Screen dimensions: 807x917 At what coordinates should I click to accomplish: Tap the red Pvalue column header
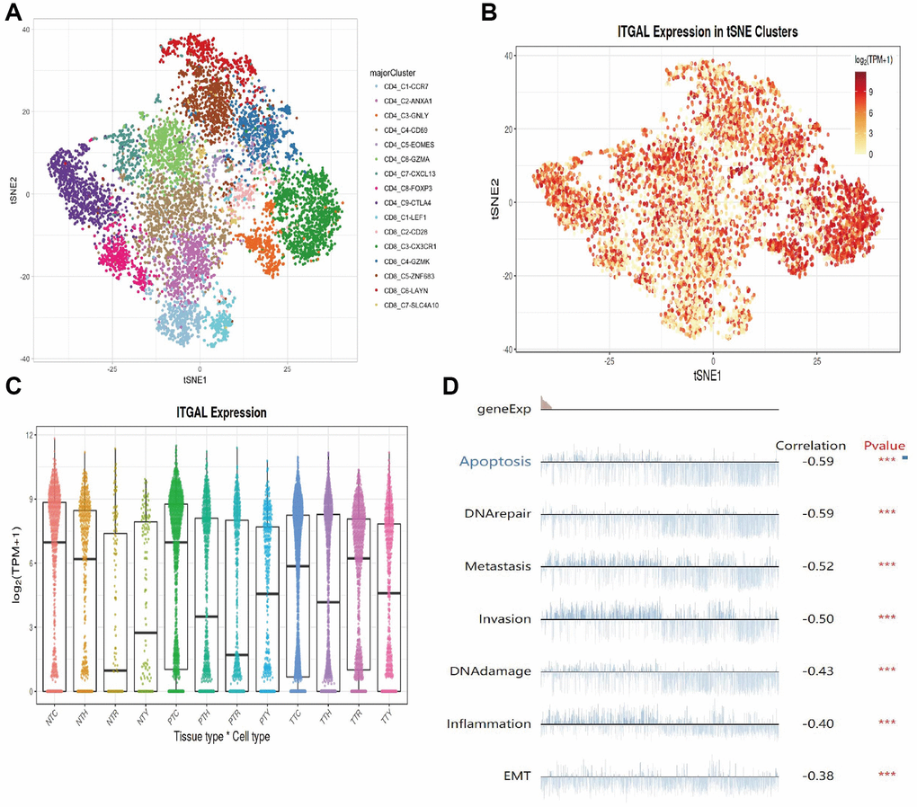884,446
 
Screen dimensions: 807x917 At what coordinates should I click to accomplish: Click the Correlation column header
810,446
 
